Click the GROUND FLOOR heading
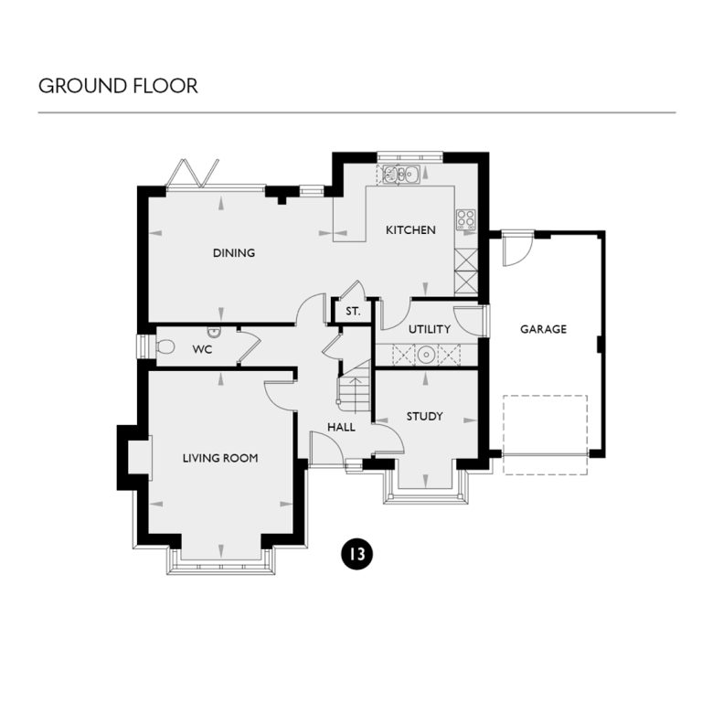pyautogui.click(x=118, y=87)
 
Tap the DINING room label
pyautogui.click(x=234, y=253)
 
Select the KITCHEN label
pyautogui.click(x=410, y=230)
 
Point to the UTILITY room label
pyautogui.click(x=430, y=329)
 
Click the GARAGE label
pyautogui.click(x=543, y=329)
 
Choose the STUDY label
pyautogui.click(x=424, y=417)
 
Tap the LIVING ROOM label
pyautogui.click(x=219, y=458)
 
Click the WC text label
pyautogui.click(x=202, y=349)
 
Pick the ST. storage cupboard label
pyautogui.click(x=353, y=312)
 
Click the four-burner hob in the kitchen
pyautogui.click(x=465, y=218)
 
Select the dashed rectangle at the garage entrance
pyautogui.click(x=545, y=434)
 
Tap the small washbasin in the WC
pyautogui.click(x=214, y=331)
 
